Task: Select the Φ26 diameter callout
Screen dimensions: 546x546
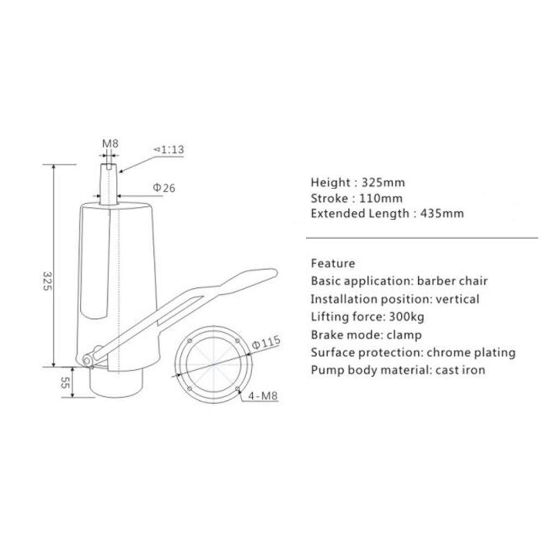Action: pyautogui.click(x=164, y=188)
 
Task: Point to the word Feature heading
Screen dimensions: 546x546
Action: pyautogui.click(x=333, y=264)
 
